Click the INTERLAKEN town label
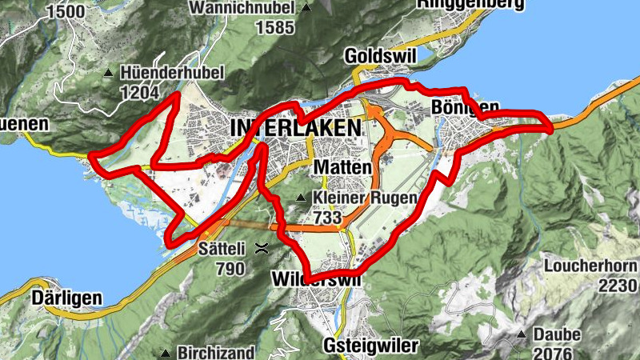click(x=295, y=128)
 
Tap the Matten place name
click(x=343, y=167)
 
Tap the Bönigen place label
click(x=465, y=107)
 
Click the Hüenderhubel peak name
click(x=172, y=72)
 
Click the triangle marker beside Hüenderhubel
click(x=109, y=74)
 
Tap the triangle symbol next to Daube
click(x=521, y=334)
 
